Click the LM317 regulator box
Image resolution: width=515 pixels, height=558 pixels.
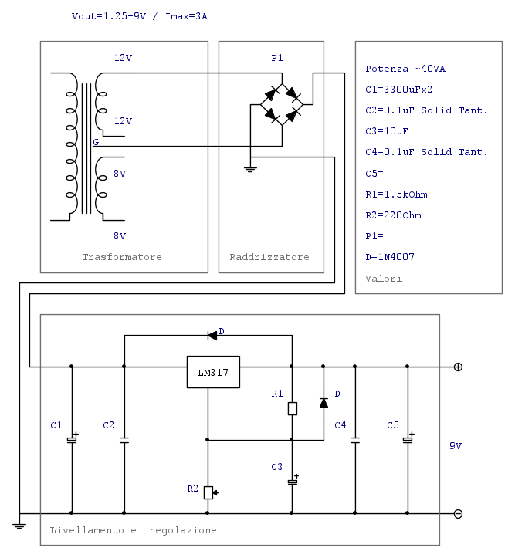[x=213, y=372]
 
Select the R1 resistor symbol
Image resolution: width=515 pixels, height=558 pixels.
[x=292, y=408]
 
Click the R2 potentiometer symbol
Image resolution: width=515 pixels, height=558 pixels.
[x=208, y=492]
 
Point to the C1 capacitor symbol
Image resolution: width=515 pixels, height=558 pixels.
[x=71, y=439]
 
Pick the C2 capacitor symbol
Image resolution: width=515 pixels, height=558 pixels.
[x=124, y=440]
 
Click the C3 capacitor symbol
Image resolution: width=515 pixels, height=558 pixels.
[x=292, y=482]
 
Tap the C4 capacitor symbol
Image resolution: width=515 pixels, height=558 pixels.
[x=355, y=440]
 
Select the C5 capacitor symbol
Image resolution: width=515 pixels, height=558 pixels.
[x=407, y=439]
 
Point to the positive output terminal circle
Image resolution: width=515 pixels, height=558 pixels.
[x=458, y=367]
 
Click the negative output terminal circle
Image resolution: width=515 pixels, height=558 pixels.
[x=458, y=513]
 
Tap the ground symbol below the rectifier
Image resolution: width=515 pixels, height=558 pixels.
[x=250, y=167]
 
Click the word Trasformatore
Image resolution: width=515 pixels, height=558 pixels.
[x=122, y=257]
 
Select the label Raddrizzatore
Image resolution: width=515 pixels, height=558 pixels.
[x=269, y=257]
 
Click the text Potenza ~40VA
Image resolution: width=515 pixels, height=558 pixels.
[x=405, y=69]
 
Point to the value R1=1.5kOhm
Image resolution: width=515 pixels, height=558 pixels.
[x=396, y=194]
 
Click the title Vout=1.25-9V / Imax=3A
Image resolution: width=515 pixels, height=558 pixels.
[x=139, y=16]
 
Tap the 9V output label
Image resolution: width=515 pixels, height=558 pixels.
[x=456, y=446]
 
